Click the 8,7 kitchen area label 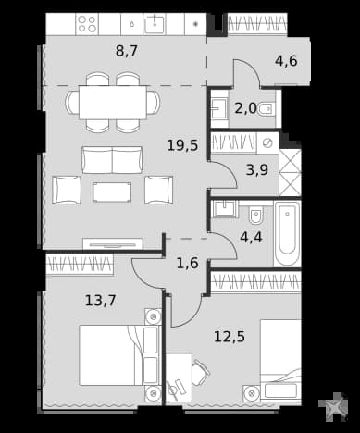[127, 51]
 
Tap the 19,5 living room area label [182, 145]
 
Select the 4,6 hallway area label [286, 61]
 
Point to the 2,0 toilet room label [245, 108]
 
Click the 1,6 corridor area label [187, 263]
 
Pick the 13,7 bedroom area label [100, 300]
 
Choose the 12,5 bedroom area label [230, 337]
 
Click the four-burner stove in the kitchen [87, 24]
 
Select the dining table [113, 102]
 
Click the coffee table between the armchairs [112, 192]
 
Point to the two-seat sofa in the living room [112, 160]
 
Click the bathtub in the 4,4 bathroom [287, 233]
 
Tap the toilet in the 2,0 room [266, 108]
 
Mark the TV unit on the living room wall [113, 244]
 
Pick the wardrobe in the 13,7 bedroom [80, 265]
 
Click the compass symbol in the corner [333, 406]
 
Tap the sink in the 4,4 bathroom [225, 209]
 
